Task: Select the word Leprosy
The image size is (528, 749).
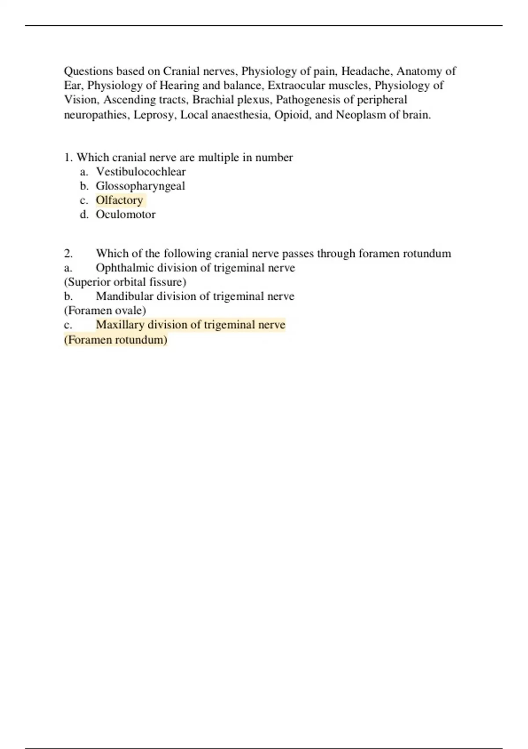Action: (154, 115)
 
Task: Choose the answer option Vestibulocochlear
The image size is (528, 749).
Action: (141, 171)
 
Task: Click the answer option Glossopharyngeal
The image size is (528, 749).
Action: (140, 186)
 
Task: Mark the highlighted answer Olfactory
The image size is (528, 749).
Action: (119, 200)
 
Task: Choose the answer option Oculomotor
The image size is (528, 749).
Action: (125, 215)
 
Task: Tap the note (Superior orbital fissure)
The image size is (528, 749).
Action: (125, 282)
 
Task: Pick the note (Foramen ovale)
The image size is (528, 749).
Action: (105, 311)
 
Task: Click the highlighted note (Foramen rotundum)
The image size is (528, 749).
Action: (116, 340)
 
